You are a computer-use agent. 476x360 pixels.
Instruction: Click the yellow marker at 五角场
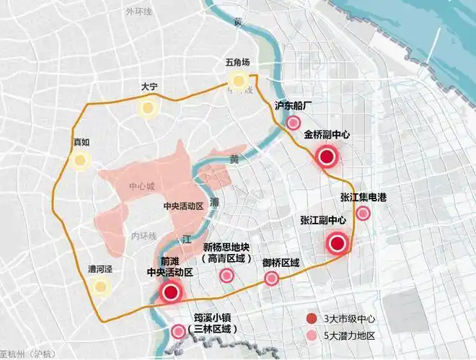coord(237,81)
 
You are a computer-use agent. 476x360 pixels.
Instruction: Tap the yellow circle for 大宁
coord(149,109)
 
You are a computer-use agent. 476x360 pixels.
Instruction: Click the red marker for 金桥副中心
coord(327,157)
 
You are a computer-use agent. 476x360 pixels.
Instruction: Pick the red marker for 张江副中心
coord(337,244)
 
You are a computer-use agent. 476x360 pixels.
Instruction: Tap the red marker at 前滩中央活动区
coord(171,292)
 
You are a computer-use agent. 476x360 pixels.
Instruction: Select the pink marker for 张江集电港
coord(363,212)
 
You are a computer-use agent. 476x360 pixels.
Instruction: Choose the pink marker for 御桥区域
coord(273,279)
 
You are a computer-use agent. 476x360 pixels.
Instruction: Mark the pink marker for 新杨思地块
coord(226,275)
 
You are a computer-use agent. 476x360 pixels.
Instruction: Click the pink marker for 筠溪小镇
coord(178,332)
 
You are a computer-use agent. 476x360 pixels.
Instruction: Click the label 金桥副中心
coord(327,134)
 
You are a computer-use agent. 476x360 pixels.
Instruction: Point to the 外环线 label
coord(138,12)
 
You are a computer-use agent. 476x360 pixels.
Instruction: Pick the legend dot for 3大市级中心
coord(310,319)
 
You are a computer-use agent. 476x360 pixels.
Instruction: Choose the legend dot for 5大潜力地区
coord(310,336)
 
